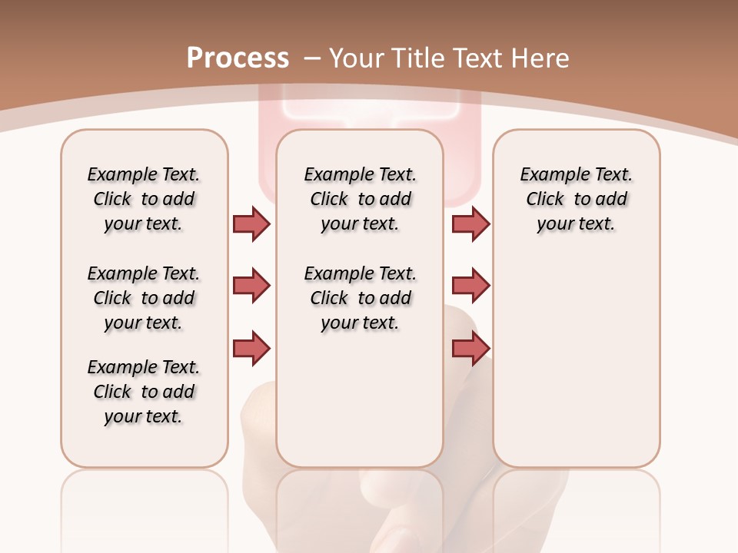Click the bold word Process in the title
[x=238, y=58]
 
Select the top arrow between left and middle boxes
[x=251, y=224]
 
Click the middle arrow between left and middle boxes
[x=251, y=286]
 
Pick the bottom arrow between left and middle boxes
[x=251, y=349]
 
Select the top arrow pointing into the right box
[x=470, y=224]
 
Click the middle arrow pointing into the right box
[x=470, y=286]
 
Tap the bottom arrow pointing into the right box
[x=470, y=349]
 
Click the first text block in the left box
[x=143, y=199]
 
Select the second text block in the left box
[x=143, y=298]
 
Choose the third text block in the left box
[x=143, y=392]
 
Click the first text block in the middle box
[x=360, y=199]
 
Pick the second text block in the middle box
[x=360, y=298]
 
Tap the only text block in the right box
[x=576, y=199]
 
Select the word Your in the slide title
[x=356, y=58]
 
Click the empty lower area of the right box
[x=576, y=369]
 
